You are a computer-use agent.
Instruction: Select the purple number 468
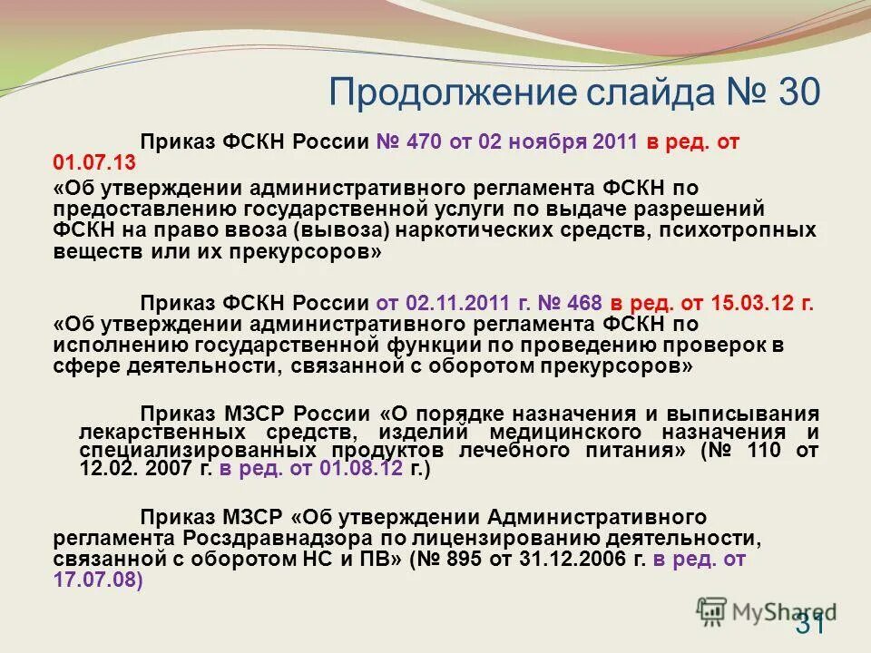click(x=583, y=302)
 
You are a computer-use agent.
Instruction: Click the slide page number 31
click(x=810, y=623)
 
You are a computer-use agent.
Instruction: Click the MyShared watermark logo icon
click(x=713, y=610)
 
